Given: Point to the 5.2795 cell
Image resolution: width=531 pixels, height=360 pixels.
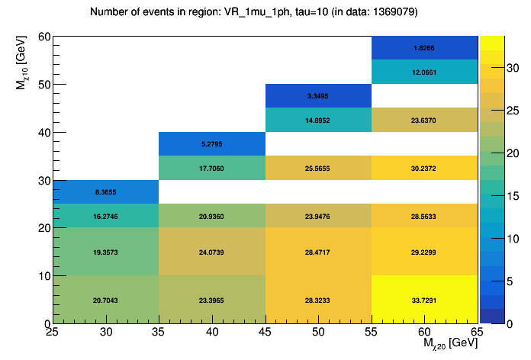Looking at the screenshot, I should click(212, 144).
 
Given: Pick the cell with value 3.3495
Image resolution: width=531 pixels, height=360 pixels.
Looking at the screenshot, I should click(318, 96).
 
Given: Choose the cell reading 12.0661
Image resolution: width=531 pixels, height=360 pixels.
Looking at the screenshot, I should click(425, 72).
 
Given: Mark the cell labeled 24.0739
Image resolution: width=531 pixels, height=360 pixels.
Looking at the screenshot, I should click(212, 252).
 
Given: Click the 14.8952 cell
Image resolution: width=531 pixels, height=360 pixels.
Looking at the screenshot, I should click(318, 121).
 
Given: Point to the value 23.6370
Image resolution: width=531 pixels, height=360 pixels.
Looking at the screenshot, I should click(425, 121).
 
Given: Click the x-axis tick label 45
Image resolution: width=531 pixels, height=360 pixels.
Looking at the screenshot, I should click(265, 331).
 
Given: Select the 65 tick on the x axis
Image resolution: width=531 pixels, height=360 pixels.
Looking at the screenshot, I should click(477, 331).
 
